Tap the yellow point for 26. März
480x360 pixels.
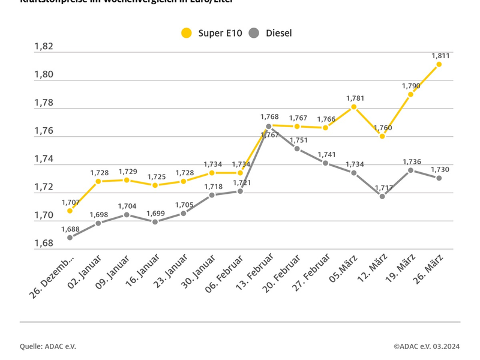pyautogui.click(x=439, y=64)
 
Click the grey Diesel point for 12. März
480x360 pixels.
pyautogui.click(x=382, y=196)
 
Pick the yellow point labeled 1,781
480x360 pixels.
pyautogui.click(x=354, y=107)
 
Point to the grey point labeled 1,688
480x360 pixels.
pyautogui.click(x=70, y=238)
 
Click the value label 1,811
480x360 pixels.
pyautogui.click(x=440, y=56)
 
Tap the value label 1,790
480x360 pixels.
pyautogui.click(x=411, y=86)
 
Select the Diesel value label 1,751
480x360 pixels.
pyautogui.click(x=298, y=140)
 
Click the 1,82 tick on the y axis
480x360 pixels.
pyautogui.click(x=44, y=46)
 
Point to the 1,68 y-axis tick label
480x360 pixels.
pyautogui.click(x=44, y=244)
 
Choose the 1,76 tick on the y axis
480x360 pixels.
pyautogui.click(x=44, y=131)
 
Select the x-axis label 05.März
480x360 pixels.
pyautogui.click(x=344, y=274)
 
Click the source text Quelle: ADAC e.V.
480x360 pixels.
pyautogui.click(x=48, y=346)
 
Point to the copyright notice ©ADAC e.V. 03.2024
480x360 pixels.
pyautogui.click(x=427, y=346)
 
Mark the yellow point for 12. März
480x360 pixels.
pyautogui.click(x=382, y=136)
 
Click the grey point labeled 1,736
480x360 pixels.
pyautogui.click(x=410, y=170)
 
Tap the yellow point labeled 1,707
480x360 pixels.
pyautogui.click(x=70, y=211)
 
